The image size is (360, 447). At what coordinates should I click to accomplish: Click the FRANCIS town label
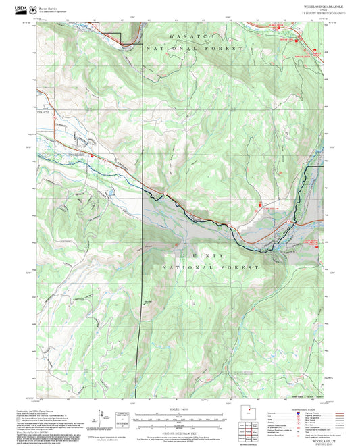click(42, 113)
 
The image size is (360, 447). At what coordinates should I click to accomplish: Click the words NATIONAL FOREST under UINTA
click(212, 267)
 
